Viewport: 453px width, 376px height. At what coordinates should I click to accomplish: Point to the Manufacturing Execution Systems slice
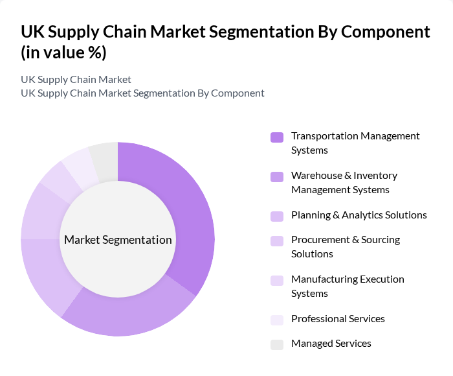57,178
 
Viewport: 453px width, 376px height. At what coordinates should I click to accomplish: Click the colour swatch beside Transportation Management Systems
277,137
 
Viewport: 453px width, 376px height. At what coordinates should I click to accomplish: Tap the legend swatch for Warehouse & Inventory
277,176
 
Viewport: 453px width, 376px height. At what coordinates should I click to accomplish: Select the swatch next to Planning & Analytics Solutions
277,216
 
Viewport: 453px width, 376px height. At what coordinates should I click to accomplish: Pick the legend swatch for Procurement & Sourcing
277,241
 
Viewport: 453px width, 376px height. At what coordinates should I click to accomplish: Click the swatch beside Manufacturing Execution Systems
277,280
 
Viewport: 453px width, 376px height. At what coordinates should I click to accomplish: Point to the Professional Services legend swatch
277,320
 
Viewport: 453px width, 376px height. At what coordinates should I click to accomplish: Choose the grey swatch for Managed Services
277,344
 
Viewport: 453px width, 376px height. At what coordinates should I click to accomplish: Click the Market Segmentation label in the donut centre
118,240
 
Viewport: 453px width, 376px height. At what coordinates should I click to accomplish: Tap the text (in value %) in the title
63,53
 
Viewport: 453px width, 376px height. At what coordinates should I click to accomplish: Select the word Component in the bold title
387,31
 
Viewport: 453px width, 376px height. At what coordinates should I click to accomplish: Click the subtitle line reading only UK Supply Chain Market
76,79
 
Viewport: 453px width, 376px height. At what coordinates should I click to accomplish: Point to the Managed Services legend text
331,344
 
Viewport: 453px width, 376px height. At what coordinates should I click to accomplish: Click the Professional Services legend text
338,319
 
